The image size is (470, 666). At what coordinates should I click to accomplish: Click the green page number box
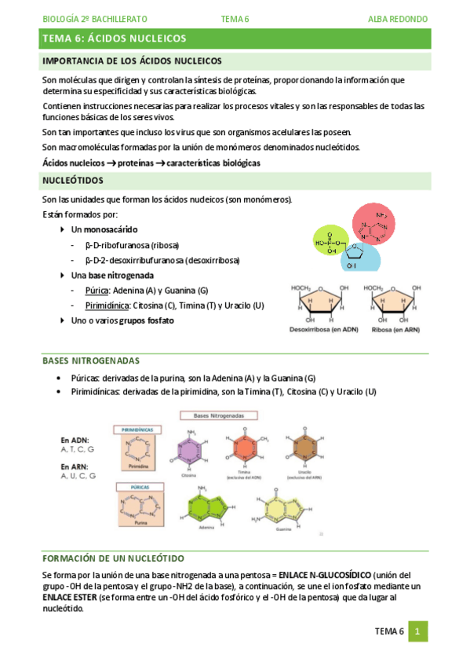[418, 631]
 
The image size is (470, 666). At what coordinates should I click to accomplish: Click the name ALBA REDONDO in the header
[397, 18]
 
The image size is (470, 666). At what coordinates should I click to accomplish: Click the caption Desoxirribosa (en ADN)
[323, 329]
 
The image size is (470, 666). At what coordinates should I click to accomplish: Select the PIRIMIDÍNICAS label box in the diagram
[137, 430]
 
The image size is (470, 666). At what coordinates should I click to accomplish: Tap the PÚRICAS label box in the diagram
[136, 486]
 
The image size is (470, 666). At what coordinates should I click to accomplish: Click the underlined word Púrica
[97, 290]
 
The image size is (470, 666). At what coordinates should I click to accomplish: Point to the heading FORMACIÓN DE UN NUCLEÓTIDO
[113, 558]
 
